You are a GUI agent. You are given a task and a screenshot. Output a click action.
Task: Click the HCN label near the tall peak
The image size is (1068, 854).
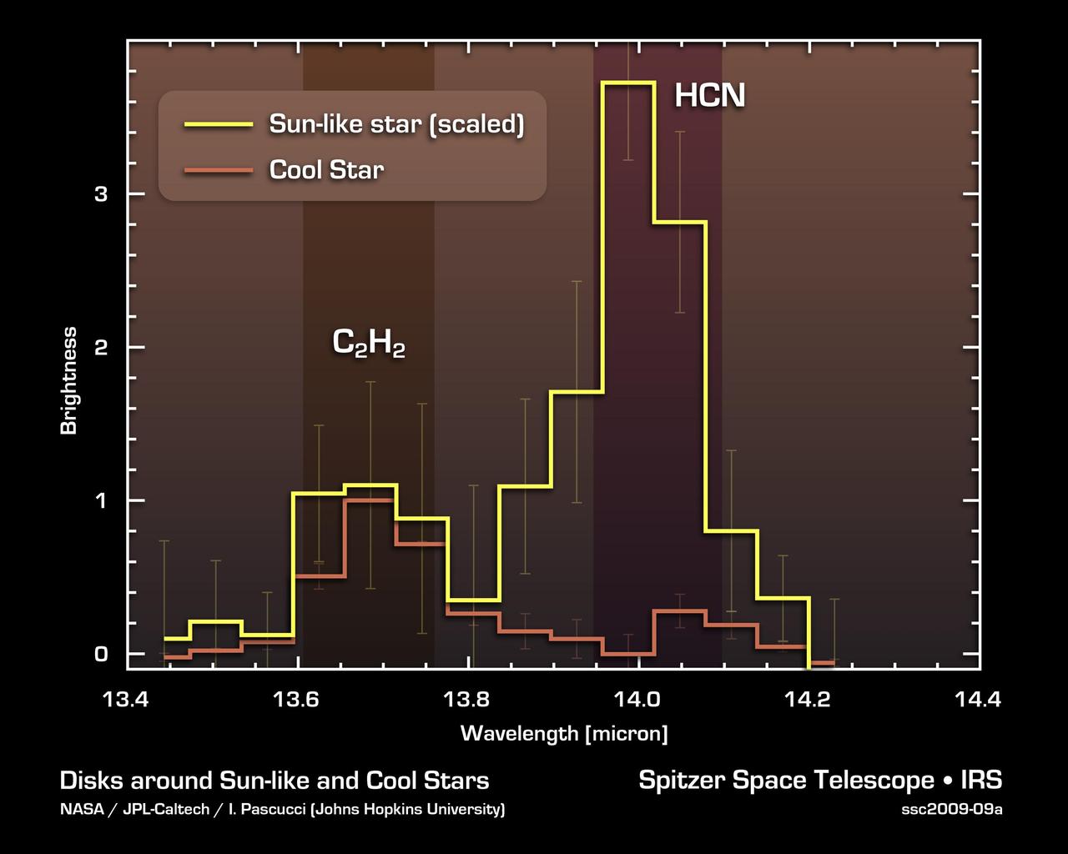point(709,96)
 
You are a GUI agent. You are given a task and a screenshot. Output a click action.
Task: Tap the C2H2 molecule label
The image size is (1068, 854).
point(369,343)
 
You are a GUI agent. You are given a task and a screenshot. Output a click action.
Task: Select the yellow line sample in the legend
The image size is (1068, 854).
point(218,124)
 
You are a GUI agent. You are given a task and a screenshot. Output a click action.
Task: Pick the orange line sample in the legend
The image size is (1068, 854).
point(218,170)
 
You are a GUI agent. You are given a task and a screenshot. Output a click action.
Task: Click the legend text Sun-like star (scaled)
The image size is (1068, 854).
point(396,124)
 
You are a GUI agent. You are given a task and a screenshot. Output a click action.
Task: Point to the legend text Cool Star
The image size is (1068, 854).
point(326,170)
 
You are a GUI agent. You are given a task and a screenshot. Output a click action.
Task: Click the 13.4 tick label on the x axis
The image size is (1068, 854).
point(128,700)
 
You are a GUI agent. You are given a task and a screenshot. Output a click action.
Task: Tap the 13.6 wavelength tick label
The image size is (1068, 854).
point(298,700)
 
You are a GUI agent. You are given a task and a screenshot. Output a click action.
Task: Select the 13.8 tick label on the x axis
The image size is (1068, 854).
point(469,700)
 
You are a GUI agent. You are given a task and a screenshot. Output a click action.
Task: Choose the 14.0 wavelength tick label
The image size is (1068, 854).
point(639,700)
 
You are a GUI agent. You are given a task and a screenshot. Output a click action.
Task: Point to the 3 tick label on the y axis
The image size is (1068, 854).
point(101,194)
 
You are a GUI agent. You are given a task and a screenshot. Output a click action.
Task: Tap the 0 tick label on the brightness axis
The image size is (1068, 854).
point(101,654)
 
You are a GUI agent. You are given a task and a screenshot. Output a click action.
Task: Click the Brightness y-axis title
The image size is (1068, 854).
point(68,380)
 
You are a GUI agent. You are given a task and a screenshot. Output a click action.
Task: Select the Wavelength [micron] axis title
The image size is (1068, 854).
point(564,734)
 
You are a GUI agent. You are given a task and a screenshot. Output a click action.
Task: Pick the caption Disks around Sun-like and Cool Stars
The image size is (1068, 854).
point(275,781)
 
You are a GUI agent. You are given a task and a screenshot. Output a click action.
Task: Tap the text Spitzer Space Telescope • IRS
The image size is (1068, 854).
point(820,781)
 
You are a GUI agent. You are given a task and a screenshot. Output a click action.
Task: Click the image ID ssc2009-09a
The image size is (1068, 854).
point(951,810)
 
